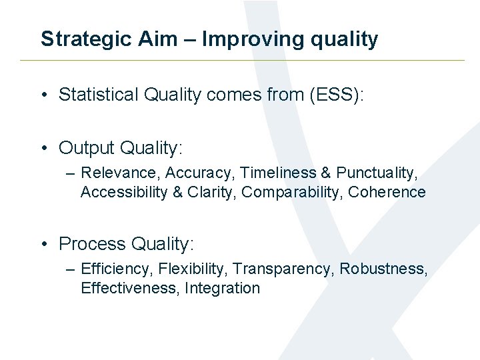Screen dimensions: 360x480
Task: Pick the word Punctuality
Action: [377, 173]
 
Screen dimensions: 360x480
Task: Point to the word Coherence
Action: [387, 193]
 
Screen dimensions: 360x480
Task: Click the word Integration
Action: [222, 289]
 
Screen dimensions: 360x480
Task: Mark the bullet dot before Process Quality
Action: [45, 245]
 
